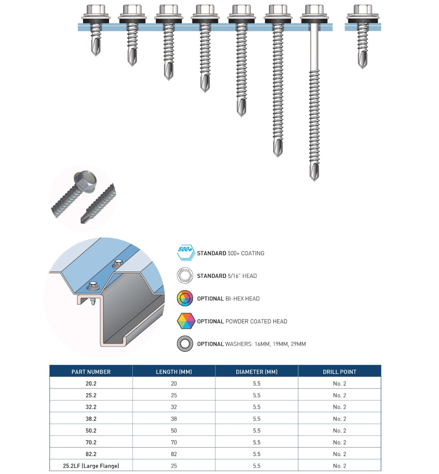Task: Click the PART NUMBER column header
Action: point(91,371)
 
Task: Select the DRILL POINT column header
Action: point(339,371)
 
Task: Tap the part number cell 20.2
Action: point(91,383)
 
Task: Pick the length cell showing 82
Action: point(174,454)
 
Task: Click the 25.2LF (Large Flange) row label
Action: point(91,466)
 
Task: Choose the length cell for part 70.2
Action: point(174,442)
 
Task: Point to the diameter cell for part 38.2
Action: point(256,419)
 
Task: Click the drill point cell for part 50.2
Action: point(339,430)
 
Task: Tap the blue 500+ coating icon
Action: point(185,252)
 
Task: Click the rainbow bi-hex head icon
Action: point(185,298)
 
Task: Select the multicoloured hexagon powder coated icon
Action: point(185,321)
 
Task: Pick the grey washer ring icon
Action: point(185,344)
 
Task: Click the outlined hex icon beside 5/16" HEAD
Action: point(185,275)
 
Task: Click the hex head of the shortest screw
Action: point(96,10)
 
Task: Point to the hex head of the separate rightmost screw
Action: point(363,10)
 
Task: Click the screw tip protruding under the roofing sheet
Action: point(93,301)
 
